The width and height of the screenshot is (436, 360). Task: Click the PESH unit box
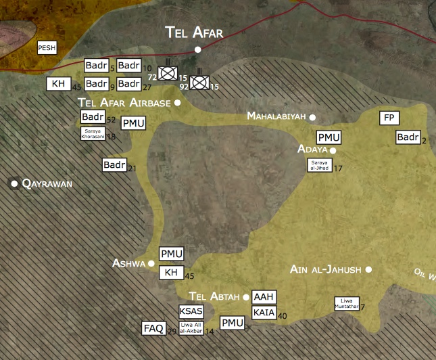(47, 47)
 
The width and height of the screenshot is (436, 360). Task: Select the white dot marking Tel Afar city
(197, 49)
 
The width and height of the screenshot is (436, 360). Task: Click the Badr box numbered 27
(128, 84)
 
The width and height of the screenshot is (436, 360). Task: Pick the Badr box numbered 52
(93, 117)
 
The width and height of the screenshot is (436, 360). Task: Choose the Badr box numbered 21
(114, 164)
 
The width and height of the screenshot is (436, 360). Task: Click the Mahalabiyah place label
(276, 116)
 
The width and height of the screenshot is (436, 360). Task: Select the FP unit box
(389, 118)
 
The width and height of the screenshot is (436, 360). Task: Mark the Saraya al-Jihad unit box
(319, 164)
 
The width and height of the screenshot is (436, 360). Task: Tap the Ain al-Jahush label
(325, 269)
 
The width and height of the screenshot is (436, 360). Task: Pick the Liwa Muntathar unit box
(347, 304)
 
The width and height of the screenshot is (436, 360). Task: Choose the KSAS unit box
(191, 311)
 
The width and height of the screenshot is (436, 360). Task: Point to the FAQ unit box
(153, 329)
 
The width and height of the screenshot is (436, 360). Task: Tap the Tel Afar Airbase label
(124, 102)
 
